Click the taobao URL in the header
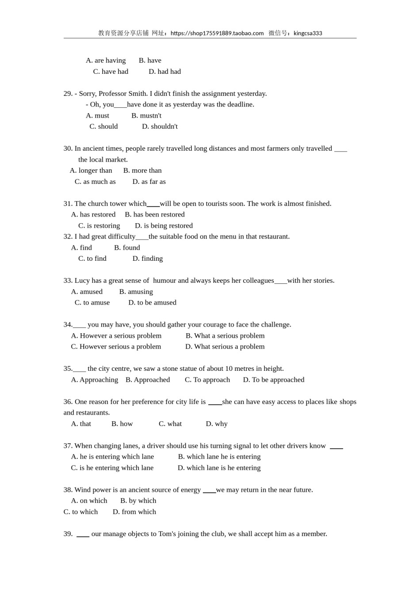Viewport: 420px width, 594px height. (x=217, y=33)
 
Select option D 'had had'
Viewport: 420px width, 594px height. (x=164, y=72)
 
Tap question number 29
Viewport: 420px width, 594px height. (x=68, y=94)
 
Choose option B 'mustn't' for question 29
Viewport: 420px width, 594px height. (x=146, y=116)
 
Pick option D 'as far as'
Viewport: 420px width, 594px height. (x=149, y=182)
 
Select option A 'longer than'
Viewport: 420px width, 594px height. (x=91, y=171)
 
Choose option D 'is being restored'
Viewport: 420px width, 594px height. (x=164, y=226)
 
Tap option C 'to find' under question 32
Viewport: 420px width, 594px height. (x=92, y=259)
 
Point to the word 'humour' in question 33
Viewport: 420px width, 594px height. (x=164, y=281)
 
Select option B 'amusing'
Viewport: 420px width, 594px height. (x=136, y=292)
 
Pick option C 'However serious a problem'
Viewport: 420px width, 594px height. (x=116, y=346)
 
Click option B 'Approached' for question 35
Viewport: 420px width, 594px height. (x=148, y=380)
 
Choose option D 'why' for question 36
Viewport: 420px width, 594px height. (x=217, y=424)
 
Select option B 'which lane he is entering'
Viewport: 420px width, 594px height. (x=219, y=457)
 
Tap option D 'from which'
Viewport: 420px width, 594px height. (x=134, y=512)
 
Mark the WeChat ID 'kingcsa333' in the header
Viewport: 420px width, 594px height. (x=308, y=33)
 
